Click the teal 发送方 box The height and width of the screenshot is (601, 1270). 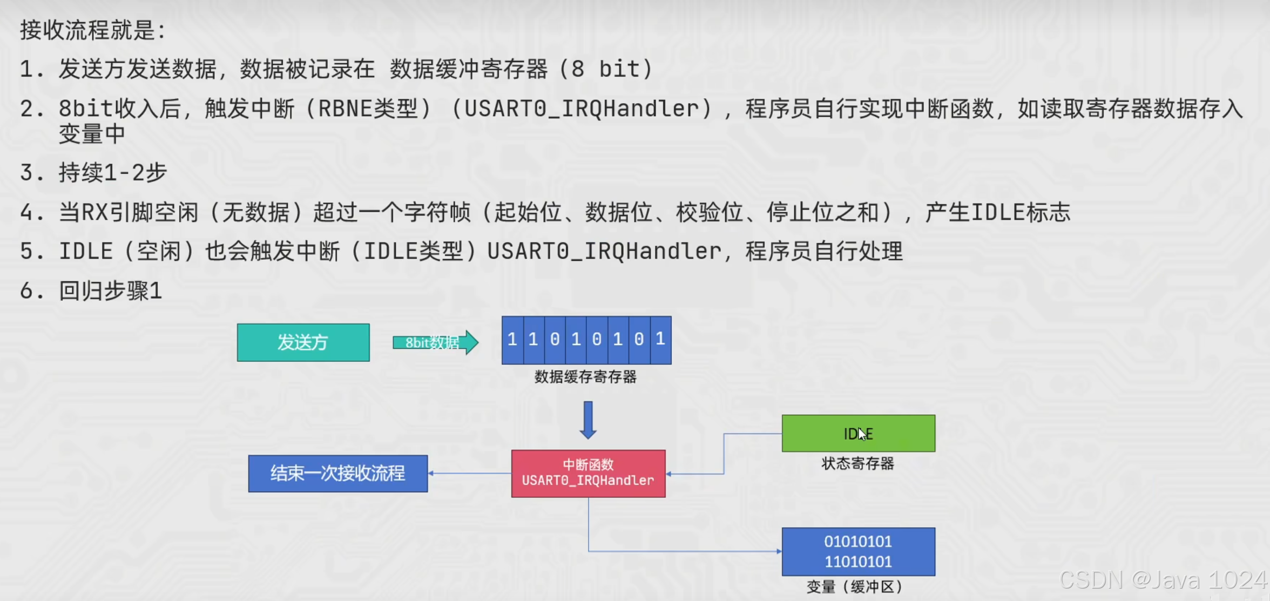(x=303, y=342)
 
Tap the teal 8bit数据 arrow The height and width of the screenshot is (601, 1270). (x=435, y=342)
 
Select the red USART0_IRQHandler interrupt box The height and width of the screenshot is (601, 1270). (x=588, y=473)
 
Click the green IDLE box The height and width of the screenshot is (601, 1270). (x=858, y=433)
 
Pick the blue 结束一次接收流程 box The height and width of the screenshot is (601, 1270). (x=337, y=474)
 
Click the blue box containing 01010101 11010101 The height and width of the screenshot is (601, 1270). (x=858, y=551)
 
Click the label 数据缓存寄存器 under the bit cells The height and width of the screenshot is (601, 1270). (x=585, y=377)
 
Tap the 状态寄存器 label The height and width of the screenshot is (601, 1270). (x=857, y=463)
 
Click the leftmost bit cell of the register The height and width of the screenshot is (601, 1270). (x=512, y=340)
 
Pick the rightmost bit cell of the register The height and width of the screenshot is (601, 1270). (x=660, y=340)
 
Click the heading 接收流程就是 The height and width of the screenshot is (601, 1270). (x=92, y=30)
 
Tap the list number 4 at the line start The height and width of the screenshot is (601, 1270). (x=27, y=212)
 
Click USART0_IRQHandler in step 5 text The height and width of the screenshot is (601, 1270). (x=604, y=252)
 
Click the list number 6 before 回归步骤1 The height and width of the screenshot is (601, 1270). (x=27, y=291)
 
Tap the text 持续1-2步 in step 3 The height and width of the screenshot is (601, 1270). (x=112, y=173)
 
